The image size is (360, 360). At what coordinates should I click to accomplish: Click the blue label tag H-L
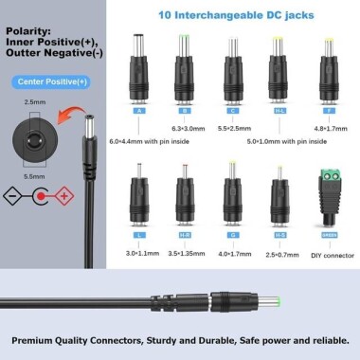[x=279, y=110]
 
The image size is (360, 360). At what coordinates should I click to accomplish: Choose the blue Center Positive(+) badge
[x=48, y=81]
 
